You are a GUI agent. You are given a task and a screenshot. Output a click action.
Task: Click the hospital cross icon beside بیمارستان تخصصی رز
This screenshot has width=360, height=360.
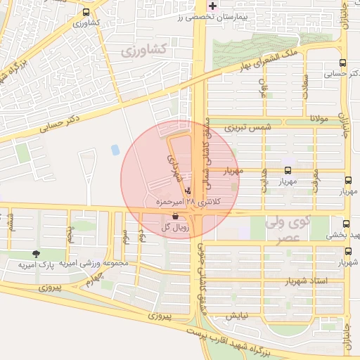point(213,6)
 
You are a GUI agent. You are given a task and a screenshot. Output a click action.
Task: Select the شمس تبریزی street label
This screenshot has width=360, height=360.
point(247,128)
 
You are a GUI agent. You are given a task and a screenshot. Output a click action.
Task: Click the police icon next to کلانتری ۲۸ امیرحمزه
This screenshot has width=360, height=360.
point(187,191)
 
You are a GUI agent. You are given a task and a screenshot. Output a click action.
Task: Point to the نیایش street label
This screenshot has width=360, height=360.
point(242,315)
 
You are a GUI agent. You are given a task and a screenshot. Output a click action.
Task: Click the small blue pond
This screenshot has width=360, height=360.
point(115,150)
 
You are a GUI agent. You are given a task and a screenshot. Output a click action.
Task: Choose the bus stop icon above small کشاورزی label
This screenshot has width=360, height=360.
point(86,12)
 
